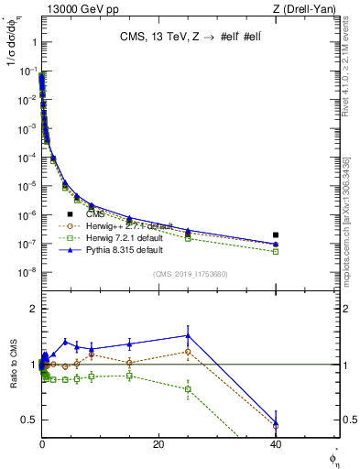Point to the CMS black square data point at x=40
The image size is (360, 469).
(276, 235)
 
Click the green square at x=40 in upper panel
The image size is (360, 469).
(276, 251)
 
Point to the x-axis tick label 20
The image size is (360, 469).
(158, 444)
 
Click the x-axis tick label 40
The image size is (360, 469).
(276, 444)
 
